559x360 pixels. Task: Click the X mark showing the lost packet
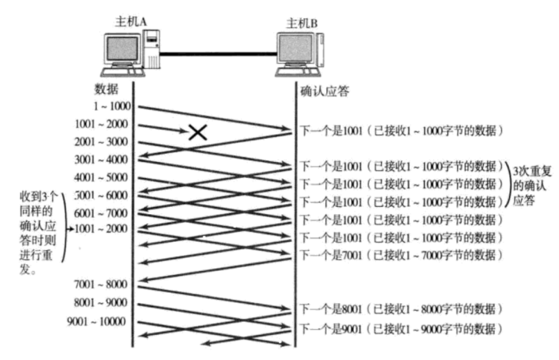198,131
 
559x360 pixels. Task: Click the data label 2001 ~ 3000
101,142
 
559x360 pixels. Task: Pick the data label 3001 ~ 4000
101,159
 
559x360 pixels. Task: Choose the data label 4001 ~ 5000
101,177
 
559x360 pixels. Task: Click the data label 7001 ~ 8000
101,284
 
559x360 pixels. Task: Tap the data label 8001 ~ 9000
101,302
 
